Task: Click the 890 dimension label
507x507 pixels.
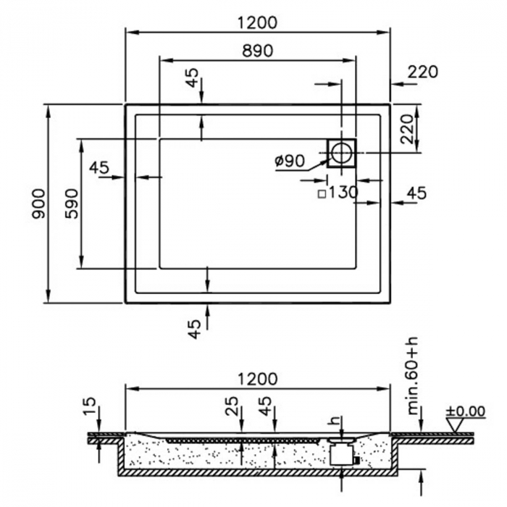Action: point(256,51)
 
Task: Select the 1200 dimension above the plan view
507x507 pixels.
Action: point(256,22)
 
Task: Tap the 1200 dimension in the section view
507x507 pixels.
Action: point(256,379)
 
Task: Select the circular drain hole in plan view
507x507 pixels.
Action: point(341,153)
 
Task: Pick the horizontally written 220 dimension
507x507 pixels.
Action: point(422,72)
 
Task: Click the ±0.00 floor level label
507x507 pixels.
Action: point(465,411)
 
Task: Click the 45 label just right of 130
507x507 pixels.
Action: point(416,193)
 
